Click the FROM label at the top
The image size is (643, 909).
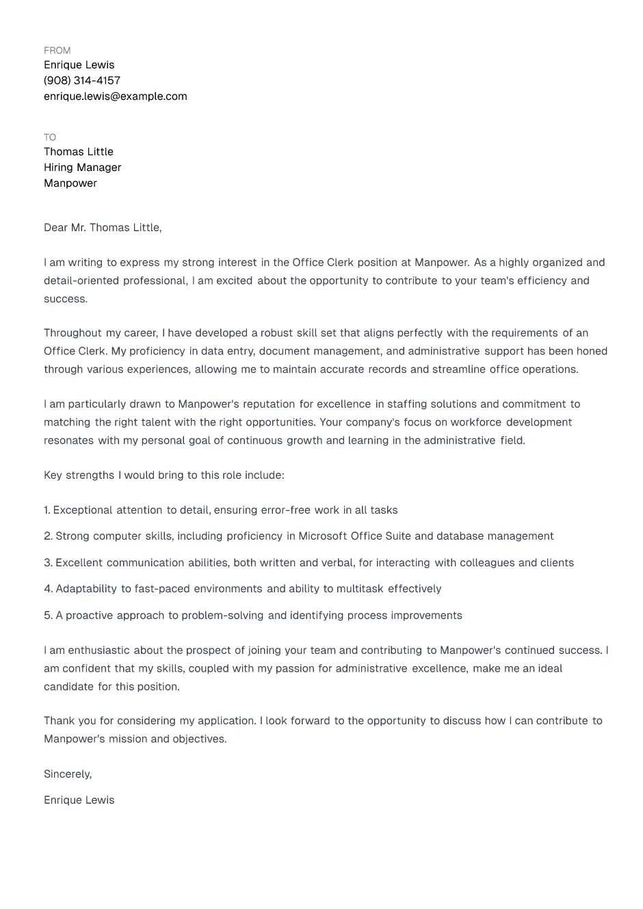click(x=57, y=50)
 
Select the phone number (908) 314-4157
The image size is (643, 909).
click(x=82, y=81)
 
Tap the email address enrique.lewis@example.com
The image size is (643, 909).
click(x=115, y=96)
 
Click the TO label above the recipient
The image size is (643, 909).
click(x=50, y=137)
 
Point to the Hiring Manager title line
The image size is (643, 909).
click(x=82, y=168)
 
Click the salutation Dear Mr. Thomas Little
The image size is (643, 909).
click(x=103, y=228)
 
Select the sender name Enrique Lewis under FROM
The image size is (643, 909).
click(x=79, y=65)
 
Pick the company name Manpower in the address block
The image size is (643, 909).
click(x=70, y=183)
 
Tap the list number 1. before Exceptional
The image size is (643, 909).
click(x=47, y=510)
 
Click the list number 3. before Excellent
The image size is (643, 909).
click(x=48, y=563)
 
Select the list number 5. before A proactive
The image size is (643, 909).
click(x=48, y=616)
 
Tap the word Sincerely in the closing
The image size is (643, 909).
click(x=67, y=774)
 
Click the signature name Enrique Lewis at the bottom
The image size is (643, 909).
click(x=79, y=800)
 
